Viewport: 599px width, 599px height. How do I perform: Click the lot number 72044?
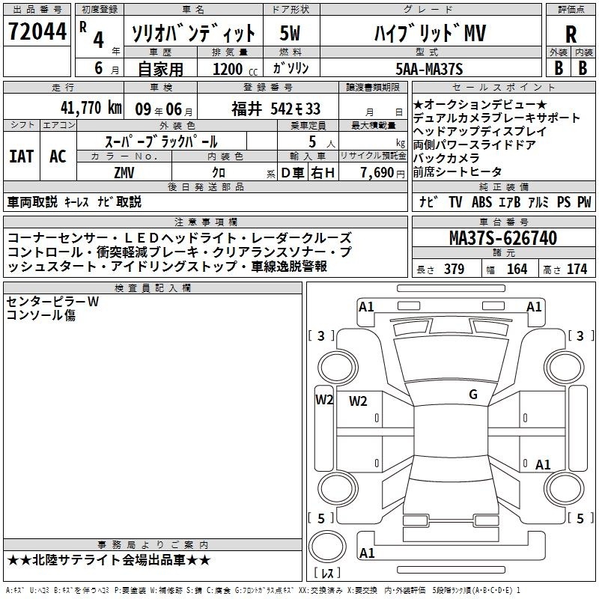[37, 31]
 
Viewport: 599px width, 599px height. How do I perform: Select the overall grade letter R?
[571, 34]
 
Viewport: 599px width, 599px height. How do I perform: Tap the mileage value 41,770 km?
[91, 108]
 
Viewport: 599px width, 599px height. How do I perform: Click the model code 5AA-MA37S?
[429, 69]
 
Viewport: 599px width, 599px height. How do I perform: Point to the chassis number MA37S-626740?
[503, 238]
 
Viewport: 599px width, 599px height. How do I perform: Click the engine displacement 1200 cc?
[235, 69]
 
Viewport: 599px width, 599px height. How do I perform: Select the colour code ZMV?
[124, 173]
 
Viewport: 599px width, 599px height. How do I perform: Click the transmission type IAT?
[21, 156]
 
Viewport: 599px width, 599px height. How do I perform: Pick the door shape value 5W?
[290, 33]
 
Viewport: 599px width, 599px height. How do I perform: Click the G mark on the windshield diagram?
[473, 394]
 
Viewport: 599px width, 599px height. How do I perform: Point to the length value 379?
[454, 269]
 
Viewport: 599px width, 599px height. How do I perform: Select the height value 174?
[577, 269]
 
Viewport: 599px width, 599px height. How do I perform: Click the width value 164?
[517, 269]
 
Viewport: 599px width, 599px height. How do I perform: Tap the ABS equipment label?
[481, 202]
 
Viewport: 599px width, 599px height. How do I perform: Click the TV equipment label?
[455, 202]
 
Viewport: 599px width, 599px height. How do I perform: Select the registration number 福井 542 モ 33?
[276, 109]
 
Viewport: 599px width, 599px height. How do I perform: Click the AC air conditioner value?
[58, 156]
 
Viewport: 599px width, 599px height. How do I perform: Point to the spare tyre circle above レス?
[327, 547]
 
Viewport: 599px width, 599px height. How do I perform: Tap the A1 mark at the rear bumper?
[367, 553]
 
